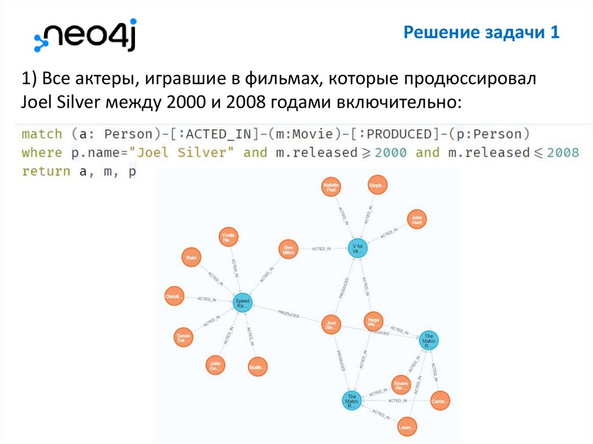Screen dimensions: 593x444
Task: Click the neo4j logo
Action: (85, 36)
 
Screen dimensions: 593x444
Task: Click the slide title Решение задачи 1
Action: (481, 32)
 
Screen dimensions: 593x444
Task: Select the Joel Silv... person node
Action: (331, 325)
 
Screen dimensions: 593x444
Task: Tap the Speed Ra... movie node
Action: (243, 303)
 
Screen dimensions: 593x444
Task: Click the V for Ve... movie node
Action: (357, 248)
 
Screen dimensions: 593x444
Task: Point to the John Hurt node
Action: (416, 219)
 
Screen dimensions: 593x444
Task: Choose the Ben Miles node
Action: (288, 249)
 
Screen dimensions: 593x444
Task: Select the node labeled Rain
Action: (191, 258)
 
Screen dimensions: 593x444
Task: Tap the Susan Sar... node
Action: (183, 337)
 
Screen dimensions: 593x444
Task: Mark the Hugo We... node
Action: (373, 321)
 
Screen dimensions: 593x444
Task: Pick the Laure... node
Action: (408, 428)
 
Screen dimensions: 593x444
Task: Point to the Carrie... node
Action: (440, 401)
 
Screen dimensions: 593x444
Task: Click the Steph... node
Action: (377, 186)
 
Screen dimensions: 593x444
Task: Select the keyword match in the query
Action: (42, 134)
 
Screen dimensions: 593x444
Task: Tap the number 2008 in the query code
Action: (563, 152)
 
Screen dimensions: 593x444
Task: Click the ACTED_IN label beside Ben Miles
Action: (321, 249)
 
